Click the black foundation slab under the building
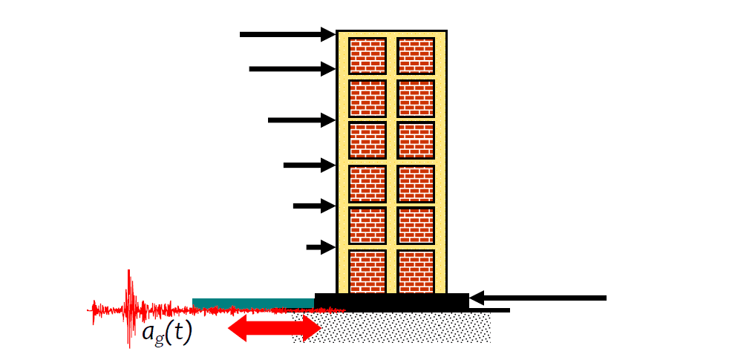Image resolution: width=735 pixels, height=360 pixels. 391,301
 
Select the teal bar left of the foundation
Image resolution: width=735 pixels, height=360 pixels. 252,302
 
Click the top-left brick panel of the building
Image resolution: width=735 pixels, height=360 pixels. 367,55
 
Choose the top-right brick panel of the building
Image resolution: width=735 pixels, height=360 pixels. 416,55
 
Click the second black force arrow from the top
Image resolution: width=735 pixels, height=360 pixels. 292,69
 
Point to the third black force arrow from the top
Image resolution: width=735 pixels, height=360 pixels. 301,120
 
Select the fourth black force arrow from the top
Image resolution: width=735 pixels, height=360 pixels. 309,166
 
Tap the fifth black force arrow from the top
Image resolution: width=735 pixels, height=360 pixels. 314,206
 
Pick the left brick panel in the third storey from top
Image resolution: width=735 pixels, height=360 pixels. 367,140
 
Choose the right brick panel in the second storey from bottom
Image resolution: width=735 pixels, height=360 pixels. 416,225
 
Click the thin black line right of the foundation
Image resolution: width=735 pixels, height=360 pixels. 489,310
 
